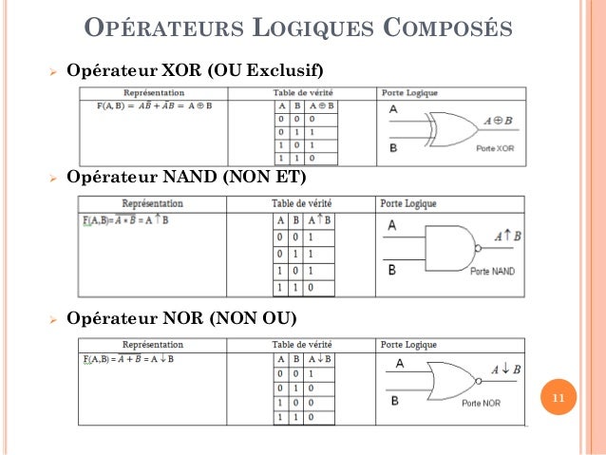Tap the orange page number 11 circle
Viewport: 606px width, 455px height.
click(558, 399)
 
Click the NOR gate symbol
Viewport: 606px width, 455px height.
click(450, 381)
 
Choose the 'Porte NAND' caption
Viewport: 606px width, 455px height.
click(492, 271)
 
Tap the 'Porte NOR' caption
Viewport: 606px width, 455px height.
click(481, 404)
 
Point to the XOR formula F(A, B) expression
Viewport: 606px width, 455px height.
click(153, 105)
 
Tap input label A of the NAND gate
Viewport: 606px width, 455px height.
click(392, 226)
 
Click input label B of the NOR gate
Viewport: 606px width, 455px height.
click(394, 400)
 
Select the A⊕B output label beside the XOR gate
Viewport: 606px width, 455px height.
click(498, 121)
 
